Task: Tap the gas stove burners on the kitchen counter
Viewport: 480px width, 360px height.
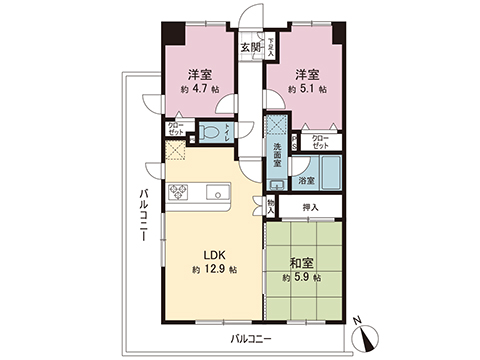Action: tap(183, 192)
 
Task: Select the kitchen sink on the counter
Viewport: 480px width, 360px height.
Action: tap(215, 192)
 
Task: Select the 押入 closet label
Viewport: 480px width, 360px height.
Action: tap(312, 207)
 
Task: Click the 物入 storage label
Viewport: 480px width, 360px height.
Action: tap(271, 206)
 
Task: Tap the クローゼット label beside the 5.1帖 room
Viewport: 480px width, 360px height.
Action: tap(320, 141)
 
